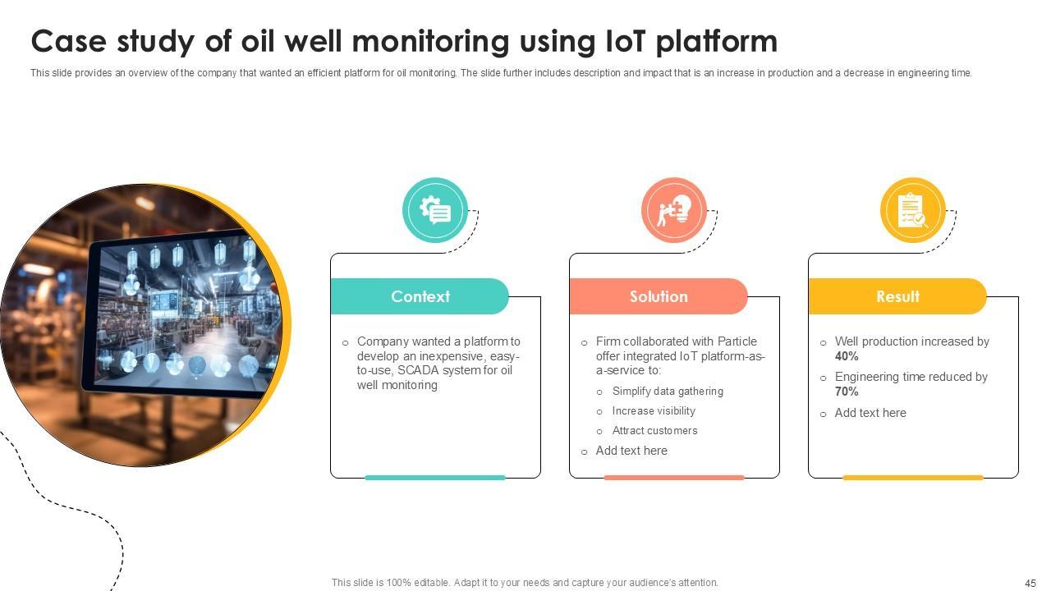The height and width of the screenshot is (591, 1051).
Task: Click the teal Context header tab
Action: [420, 296]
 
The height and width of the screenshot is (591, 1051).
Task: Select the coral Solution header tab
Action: [659, 296]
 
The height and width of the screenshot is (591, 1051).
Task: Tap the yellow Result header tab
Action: [897, 296]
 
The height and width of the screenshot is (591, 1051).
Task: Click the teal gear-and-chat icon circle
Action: [435, 210]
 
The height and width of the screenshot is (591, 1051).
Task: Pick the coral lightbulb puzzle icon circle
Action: [674, 210]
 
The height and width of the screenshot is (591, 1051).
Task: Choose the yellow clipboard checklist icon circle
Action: [913, 210]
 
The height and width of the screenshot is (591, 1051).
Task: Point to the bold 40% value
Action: [847, 356]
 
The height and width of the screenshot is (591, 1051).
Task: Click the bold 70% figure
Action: [847, 392]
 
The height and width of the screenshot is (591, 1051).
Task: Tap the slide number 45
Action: [1030, 583]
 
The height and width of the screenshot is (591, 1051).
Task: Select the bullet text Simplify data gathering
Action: [668, 392]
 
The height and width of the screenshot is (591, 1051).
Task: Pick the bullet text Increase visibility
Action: [654, 411]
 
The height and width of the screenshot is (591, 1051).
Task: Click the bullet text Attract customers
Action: [654, 431]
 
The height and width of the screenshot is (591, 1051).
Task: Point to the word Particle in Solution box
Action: [737, 341]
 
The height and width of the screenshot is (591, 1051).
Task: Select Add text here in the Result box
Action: [870, 413]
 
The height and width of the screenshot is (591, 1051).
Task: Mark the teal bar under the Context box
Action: [435, 477]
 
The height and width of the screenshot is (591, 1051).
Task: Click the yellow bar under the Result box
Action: [913, 477]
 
